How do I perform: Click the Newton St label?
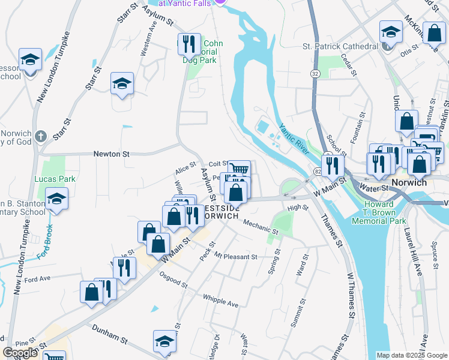111,154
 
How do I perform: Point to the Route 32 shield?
315,73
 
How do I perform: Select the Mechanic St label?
261,227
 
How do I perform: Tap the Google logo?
20,353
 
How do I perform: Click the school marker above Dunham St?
164,341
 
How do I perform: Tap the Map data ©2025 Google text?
411,355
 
